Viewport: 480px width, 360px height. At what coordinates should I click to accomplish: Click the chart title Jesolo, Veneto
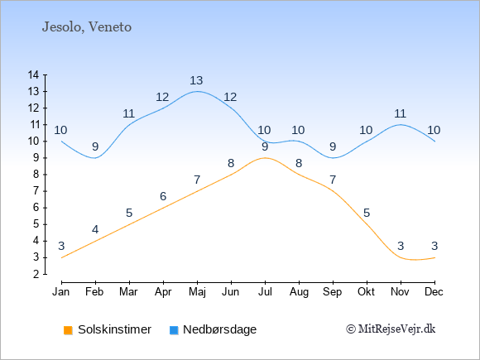tap(87, 27)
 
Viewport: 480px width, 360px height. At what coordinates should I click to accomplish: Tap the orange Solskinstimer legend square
tap(68, 330)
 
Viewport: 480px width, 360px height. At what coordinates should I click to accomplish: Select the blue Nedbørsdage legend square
tap(174, 330)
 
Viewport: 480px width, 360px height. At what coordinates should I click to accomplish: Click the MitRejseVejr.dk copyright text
tap(391, 329)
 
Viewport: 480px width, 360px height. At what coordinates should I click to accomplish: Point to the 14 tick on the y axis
tap(33, 74)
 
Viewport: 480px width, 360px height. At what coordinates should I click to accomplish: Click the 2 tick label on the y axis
tap(36, 274)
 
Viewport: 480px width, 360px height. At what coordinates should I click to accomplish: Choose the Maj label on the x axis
tap(197, 292)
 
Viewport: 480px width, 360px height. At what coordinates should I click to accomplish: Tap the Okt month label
tap(366, 292)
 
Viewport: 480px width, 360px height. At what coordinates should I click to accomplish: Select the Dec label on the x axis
tap(434, 292)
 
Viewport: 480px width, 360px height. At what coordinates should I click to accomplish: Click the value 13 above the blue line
tap(196, 80)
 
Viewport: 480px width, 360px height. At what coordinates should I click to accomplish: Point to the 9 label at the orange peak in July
tap(265, 147)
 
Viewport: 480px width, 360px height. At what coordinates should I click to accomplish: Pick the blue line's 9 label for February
tap(95, 147)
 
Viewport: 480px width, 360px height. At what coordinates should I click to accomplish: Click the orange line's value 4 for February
tap(95, 229)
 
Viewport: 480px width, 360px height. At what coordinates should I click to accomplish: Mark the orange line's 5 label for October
tap(367, 213)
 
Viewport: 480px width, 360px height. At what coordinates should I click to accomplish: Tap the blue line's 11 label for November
tap(400, 114)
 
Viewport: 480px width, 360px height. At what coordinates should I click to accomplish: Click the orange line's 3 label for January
tap(61, 246)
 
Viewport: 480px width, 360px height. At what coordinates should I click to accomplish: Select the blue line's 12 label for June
tap(230, 98)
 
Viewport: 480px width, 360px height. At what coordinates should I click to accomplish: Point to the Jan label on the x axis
tap(61, 292)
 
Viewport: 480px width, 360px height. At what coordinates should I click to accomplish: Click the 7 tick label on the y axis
tap(36, 191)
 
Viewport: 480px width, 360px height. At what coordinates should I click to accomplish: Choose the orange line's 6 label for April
tap(163, 196)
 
